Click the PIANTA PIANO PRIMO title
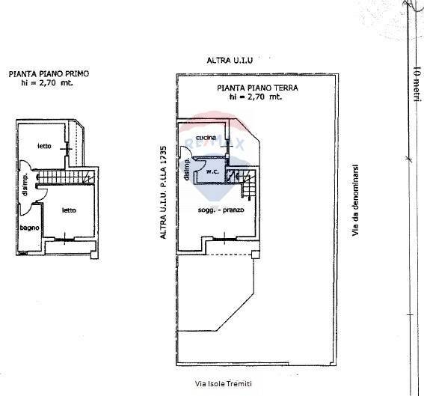point(49,75)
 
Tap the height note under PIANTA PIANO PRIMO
point(50,84)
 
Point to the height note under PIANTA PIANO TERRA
point(256,97)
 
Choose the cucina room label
point(206,138)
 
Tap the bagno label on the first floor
point(30,228)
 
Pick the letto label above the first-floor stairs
point(45,146)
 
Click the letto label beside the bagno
point(69,210)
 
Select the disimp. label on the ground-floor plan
point(185,174)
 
